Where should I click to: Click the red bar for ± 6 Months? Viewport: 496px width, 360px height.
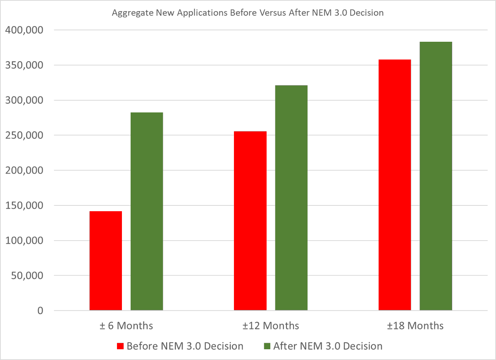click(x=105, y=261)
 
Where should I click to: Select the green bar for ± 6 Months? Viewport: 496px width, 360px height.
click(x=147, y=211)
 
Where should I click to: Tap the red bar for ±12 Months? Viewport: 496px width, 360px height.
click(x=250, y=221)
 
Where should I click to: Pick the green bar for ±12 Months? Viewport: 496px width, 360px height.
click(x=291, y=198)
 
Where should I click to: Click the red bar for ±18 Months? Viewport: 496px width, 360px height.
click(x=395, y=185)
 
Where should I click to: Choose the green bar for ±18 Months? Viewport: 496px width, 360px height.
click(x=436, y=176)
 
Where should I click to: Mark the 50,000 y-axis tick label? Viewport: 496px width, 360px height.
click(x=26, y=276)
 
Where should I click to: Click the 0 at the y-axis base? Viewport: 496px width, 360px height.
click(x=40, y=311)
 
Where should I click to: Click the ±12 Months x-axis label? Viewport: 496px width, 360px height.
click(x=271, y=326)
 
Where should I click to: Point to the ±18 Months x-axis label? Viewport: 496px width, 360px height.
click(x=415, y=326)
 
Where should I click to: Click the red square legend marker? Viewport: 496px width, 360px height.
click(x=121, y=346)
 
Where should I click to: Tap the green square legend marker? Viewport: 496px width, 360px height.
click(x=267, y=346)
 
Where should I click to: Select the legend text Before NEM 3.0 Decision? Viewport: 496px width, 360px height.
click(x=185, y=346)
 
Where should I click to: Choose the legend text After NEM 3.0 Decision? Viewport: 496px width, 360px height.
click(x=328, y=346)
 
